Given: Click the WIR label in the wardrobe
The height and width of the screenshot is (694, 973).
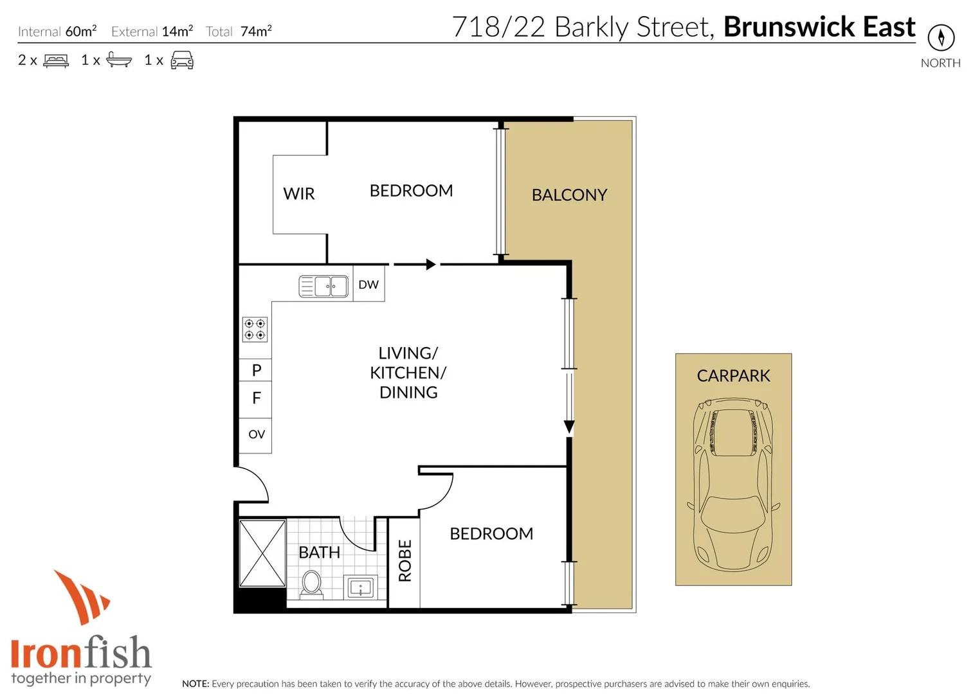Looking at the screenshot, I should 298,193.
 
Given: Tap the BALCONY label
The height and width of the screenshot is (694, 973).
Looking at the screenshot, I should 569,195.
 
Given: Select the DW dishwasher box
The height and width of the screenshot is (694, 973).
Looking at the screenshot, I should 368,285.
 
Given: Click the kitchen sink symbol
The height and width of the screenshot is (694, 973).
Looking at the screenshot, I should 323,286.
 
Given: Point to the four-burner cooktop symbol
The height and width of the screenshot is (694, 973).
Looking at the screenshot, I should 255,330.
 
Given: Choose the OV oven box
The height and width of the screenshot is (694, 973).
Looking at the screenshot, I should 256,435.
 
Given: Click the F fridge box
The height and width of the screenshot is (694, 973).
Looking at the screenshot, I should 256,398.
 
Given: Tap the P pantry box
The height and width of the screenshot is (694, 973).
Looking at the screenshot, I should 256,370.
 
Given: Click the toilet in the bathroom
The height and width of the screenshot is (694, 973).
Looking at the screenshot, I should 312,584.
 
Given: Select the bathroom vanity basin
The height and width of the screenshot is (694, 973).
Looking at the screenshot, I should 360,587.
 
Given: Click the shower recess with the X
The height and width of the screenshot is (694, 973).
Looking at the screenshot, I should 262,553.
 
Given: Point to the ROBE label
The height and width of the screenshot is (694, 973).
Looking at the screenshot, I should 405,561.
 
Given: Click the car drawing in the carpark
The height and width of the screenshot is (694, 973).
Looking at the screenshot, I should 733,485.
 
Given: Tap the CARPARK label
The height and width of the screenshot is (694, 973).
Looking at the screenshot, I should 733,376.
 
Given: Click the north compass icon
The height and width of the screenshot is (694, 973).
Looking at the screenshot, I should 941,38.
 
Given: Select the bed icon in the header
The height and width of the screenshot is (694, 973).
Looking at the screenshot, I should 56,61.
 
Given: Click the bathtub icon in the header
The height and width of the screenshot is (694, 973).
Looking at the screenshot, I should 119,60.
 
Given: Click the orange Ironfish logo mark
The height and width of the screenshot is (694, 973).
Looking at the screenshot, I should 81,596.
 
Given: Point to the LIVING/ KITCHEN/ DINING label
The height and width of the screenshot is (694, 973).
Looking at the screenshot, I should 408,373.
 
